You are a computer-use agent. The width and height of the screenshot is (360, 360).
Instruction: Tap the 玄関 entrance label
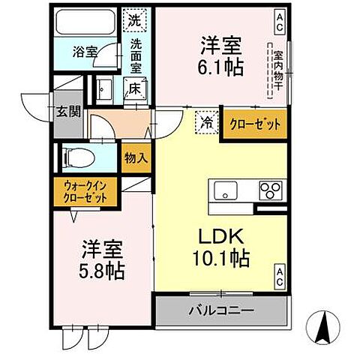click(x=65, y=112)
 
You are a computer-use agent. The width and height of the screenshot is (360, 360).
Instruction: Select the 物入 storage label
click(x=136, y=158)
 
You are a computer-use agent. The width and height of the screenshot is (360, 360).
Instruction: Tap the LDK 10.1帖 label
click(x=222, y=247)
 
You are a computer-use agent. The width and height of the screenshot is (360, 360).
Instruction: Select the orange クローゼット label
click(x=255, y=124)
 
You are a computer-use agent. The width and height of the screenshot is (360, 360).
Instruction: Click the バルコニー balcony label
click(x=220, y=309)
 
